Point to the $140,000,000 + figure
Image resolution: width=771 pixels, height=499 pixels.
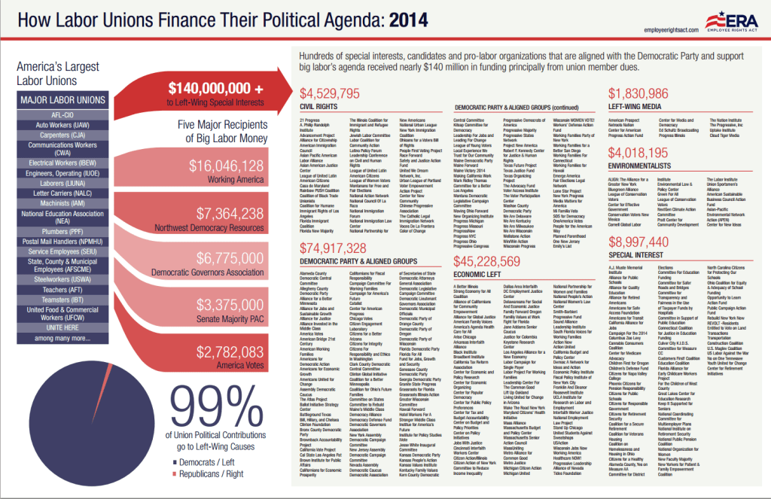pyautogui.click(x=215, y=87)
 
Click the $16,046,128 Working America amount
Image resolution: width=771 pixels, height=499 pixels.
pyautogui.click(x=226, y=166)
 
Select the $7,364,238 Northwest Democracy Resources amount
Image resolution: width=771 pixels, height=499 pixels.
pyautogui.click(x=226, y=213)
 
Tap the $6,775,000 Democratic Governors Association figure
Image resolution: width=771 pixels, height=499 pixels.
pyautogui.click(x=226, y=259)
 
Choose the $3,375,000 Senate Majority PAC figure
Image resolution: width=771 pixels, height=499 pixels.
pyautogui.click(x=226, y=305)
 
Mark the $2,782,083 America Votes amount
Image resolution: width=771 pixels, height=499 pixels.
pyautogui.click(x=226, y=351)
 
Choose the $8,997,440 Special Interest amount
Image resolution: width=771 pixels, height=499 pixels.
pyautogui.click(x=638, y=242)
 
